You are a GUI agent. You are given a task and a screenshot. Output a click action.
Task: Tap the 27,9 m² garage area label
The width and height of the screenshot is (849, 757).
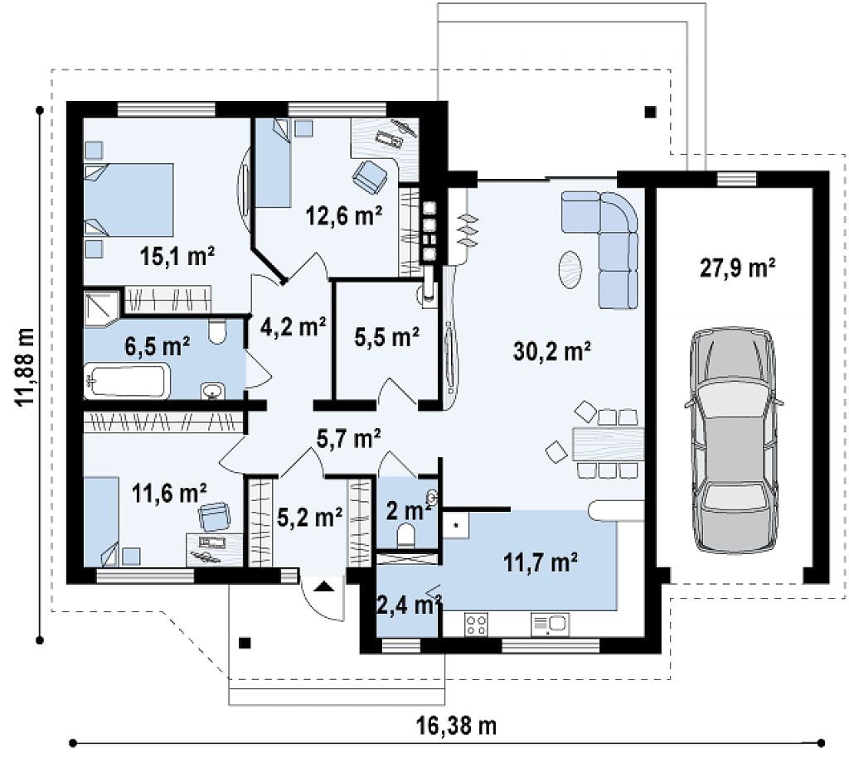[737, 268]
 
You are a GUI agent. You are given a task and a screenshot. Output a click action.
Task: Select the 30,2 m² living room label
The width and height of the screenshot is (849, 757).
[551, 351]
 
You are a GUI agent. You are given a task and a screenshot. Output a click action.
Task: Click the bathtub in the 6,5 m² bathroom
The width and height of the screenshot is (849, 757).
[127, 381]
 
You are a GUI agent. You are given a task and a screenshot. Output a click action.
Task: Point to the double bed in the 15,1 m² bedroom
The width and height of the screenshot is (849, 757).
[129, 200]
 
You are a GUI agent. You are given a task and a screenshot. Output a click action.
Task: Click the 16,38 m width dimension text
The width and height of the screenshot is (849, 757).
[456, 726]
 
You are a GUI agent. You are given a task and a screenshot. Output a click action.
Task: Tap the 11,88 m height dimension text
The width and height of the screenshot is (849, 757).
[24, 367]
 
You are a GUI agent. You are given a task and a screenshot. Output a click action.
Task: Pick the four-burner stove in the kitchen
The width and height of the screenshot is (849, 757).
[476, 624]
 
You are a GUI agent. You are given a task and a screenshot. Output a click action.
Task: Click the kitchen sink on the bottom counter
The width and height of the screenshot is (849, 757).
[551, 624]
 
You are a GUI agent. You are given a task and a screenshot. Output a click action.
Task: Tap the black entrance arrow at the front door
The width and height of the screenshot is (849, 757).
[324, 586]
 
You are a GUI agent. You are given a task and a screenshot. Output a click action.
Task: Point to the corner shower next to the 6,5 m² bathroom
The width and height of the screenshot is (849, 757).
[101, 309]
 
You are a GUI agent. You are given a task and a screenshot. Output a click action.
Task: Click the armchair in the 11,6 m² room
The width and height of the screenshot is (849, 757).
[215, 517]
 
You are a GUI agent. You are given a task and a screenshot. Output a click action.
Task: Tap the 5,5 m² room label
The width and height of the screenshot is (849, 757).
[386, 337]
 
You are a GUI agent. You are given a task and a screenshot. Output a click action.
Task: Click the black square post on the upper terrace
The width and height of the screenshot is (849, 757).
[650, 112]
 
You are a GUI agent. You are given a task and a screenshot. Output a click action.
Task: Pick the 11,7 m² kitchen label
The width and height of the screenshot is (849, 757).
[540, 562]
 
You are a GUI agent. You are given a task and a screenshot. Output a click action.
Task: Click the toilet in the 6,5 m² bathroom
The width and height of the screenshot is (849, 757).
[217, 331]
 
